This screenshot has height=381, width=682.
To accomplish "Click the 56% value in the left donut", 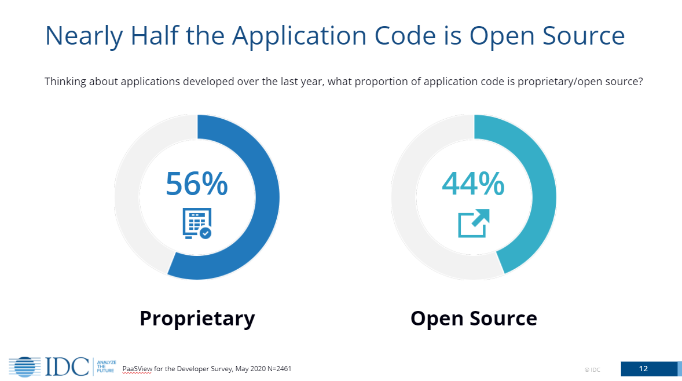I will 197,184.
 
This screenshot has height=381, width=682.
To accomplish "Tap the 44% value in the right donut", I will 473,184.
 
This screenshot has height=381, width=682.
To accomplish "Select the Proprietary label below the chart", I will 197,318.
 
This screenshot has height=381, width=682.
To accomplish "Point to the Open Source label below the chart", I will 474,318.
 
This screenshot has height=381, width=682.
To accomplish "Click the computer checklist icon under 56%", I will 197,224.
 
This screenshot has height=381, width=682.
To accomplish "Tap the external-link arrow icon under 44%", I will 474,224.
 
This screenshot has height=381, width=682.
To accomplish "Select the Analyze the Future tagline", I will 106,366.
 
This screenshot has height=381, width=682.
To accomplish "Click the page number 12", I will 643,369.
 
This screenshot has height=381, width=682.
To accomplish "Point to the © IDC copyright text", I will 592,369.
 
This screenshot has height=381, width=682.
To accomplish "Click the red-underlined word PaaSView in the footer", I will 137,369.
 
